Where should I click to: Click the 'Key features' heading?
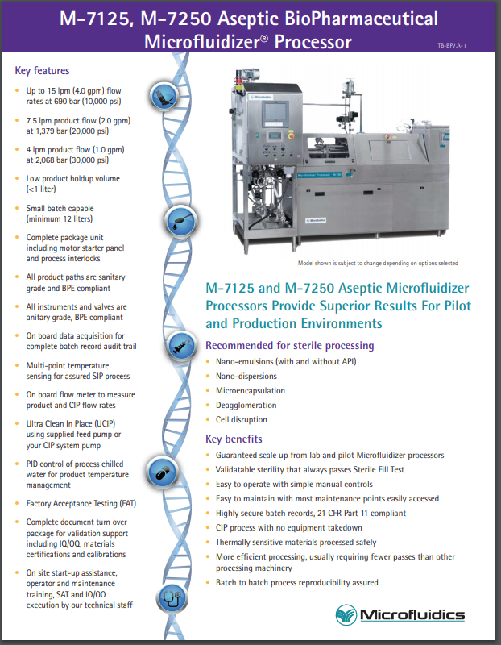tap(42, 71)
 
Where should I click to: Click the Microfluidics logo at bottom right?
tap(400, 615)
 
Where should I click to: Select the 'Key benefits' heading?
tap(234, 439)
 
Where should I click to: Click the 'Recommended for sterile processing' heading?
tap(289, 345)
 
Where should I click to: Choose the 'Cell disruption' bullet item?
tap(241, 419)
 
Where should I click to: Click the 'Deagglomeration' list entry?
tap(246, 405)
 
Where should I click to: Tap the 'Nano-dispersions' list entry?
tap(246, 376)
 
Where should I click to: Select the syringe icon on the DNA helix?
tap(178, 349)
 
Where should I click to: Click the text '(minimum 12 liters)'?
tap(62, 218)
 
